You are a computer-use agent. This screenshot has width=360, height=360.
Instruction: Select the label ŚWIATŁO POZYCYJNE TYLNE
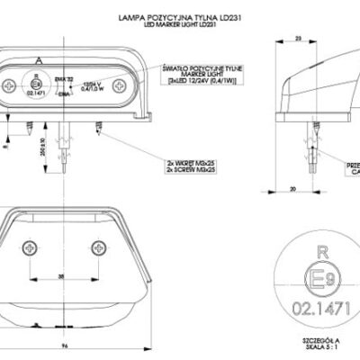(185, 67)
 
